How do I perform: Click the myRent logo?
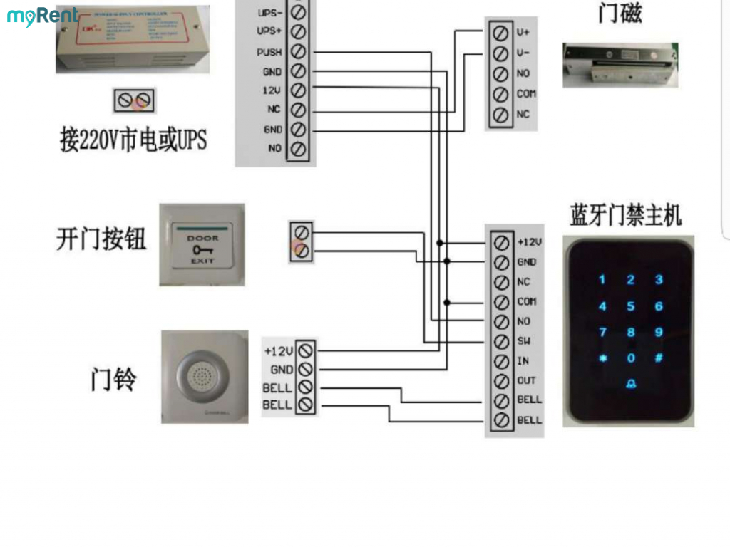(42, 16)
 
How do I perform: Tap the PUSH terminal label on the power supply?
(269, 52)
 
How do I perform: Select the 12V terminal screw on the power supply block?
(299, 90)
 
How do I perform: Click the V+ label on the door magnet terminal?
(523, 33)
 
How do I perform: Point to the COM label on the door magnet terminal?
(526, 94)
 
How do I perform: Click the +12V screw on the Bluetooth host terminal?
(501, 242)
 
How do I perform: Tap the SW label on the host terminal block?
(523, 341)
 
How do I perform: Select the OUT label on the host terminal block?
(526, 380)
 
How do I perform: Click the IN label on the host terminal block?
(523, 361)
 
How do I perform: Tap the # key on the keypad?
(659, 358)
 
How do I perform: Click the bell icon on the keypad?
(631, 385)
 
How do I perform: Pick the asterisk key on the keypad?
(603, 358)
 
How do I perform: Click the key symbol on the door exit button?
(202, 249)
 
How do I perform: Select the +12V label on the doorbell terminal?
(278, 351)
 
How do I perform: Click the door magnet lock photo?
(620, 66)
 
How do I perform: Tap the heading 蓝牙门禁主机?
(625, 215)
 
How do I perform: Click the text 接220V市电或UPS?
(133, 140)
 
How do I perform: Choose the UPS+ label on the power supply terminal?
(269, 32)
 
